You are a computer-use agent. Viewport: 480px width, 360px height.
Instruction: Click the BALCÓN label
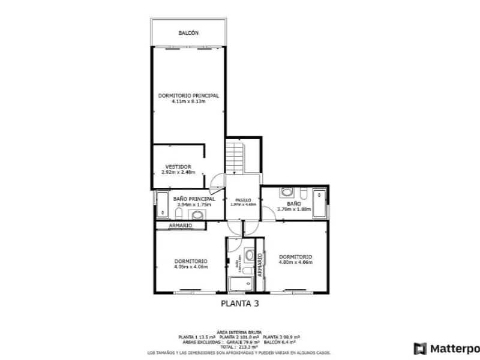(x=188, y=33)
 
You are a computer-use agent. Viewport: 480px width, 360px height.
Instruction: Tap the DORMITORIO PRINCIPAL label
(x=188, y=95)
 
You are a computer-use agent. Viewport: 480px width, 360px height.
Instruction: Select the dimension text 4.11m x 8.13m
(x=188, y=101)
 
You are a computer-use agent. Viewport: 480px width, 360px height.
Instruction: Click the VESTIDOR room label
(x=179, y=166)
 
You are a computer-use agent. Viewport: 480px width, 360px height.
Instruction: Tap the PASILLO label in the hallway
(x=243, y=199)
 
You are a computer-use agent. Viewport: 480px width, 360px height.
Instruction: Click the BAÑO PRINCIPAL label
(x=194, y=199)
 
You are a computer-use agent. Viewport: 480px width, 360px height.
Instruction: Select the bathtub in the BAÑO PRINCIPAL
(x=162, y=205)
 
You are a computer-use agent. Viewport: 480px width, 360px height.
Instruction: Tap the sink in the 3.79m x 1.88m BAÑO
(x=287, y=192)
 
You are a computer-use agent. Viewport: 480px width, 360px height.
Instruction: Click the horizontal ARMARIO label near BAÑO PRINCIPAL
(x=180, y=225)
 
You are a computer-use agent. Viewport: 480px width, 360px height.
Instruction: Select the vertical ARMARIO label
(x=260, y=264)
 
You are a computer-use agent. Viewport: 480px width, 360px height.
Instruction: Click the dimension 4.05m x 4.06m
(x=191, y=267)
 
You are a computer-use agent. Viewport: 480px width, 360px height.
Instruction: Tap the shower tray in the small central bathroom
(x=240, y=284)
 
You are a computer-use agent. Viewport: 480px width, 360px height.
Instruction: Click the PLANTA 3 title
(x=240, y=304)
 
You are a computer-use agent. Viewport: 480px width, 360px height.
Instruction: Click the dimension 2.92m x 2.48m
(x=179, y=172)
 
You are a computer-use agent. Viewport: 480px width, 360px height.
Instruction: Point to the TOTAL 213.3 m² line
(x=240, y=346)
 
